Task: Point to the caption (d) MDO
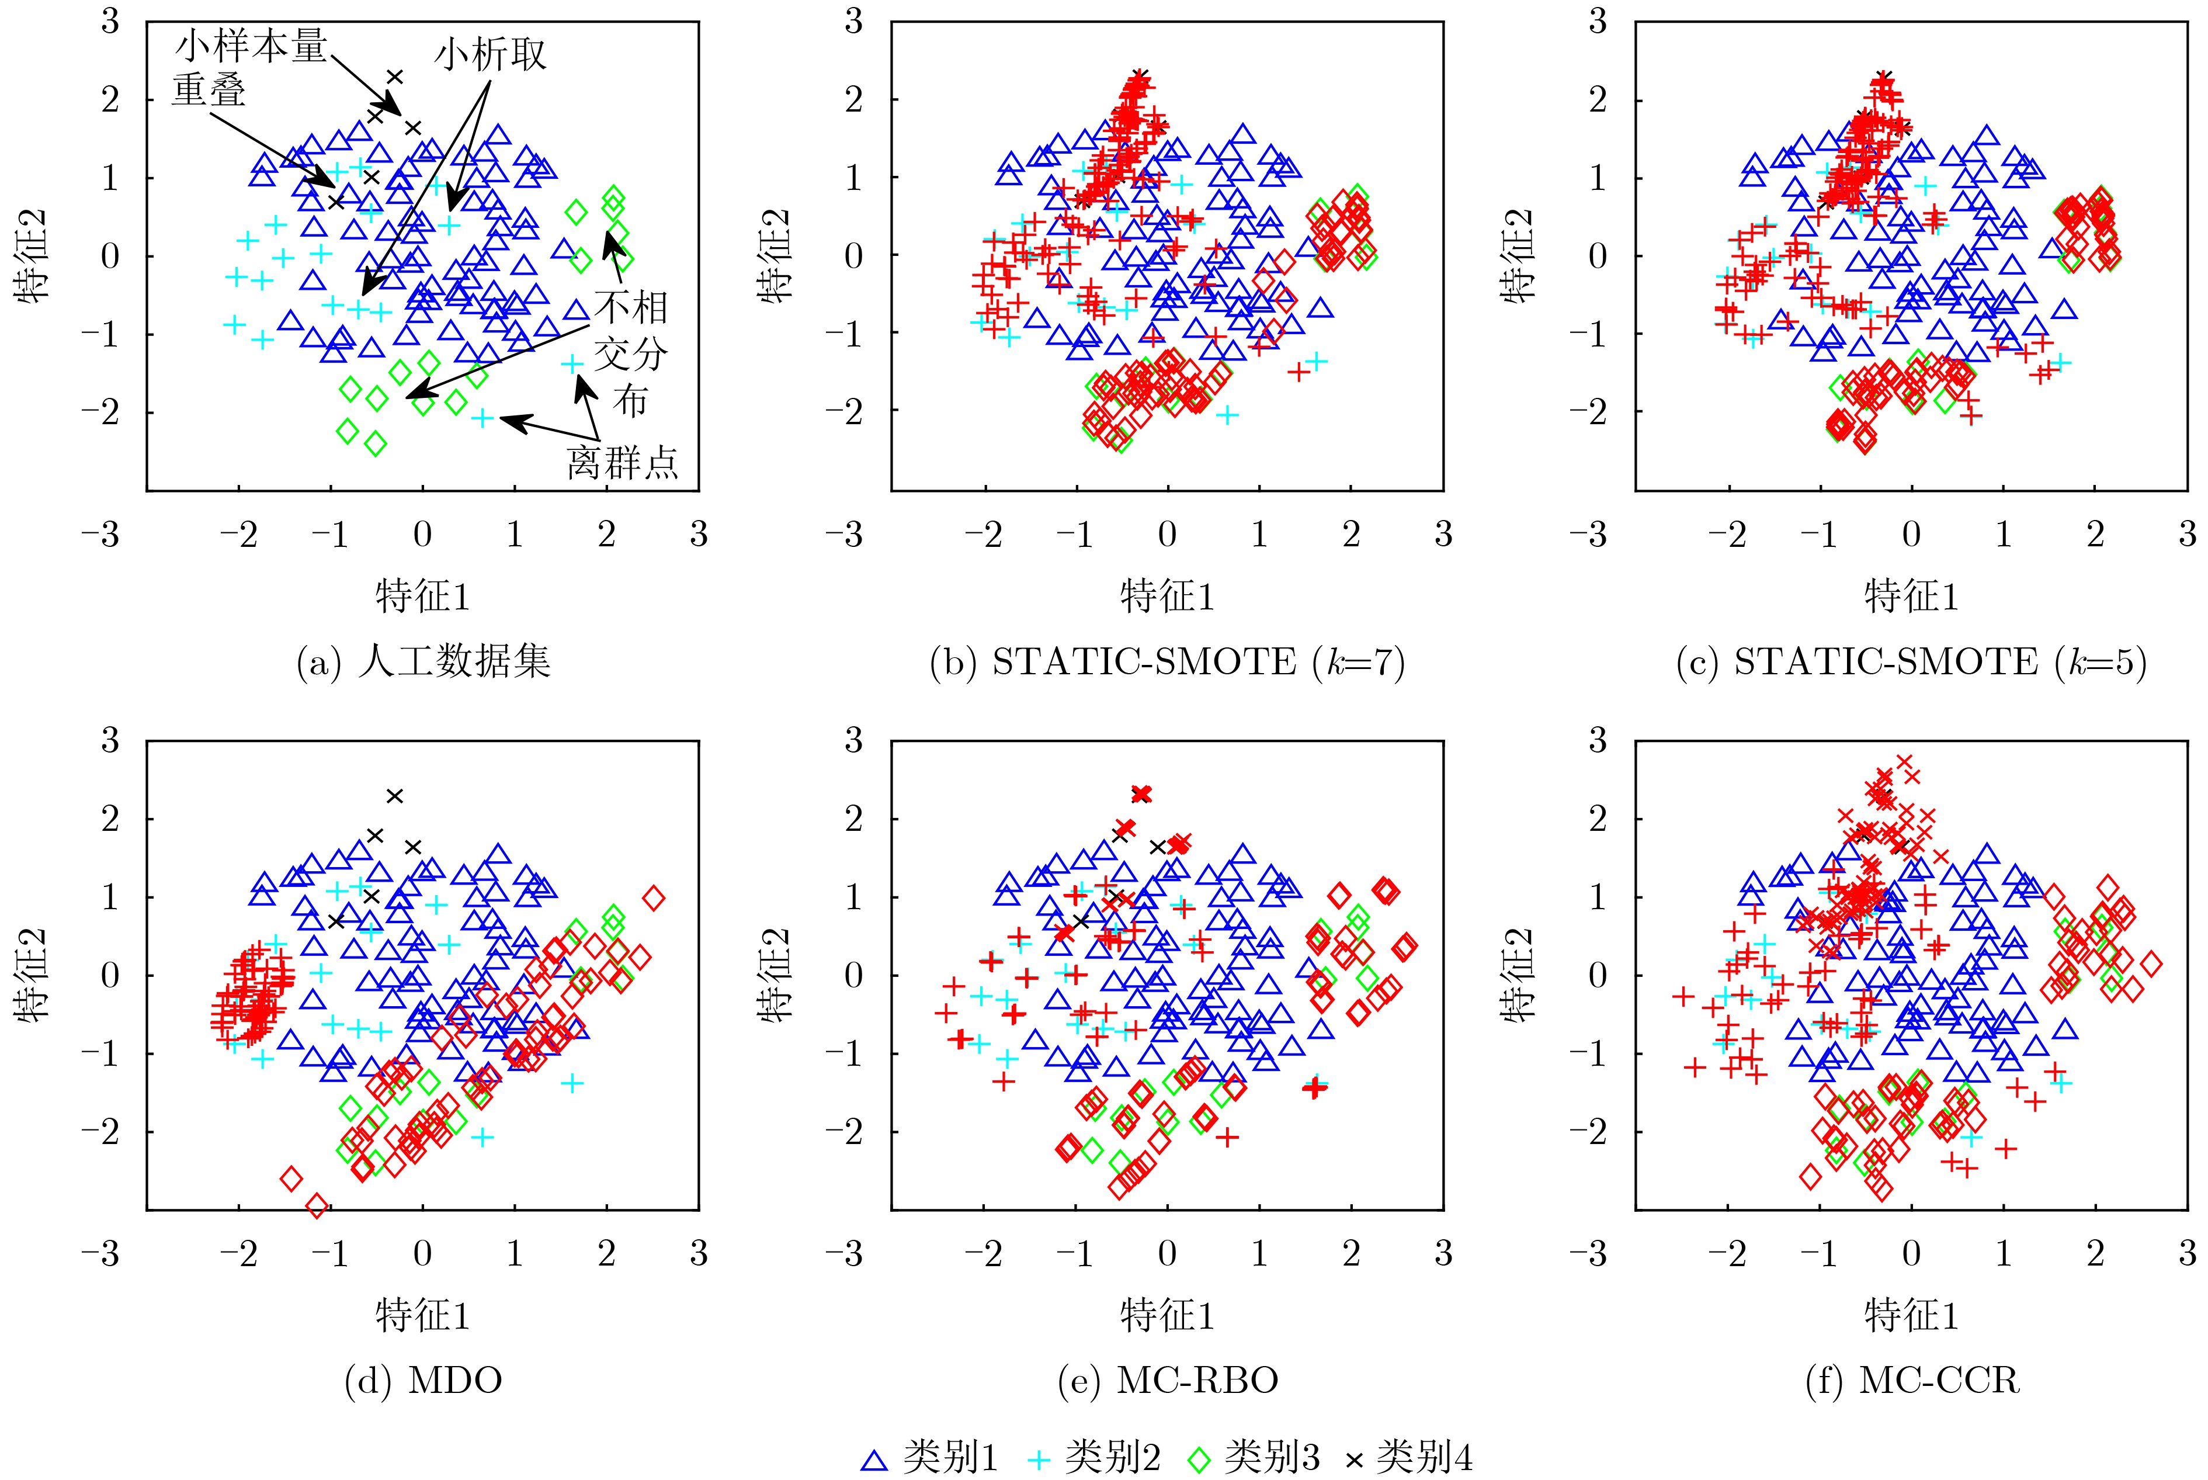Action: [x=423, y=1381]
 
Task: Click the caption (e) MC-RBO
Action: [x=1167, y=1381]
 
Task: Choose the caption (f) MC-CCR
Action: [x=1912, y=1381]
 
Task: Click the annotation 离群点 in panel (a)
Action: [x=622, y=463]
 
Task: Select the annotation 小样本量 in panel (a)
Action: [x=250, y=46]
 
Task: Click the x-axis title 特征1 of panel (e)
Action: [x=1167, y=1315]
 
